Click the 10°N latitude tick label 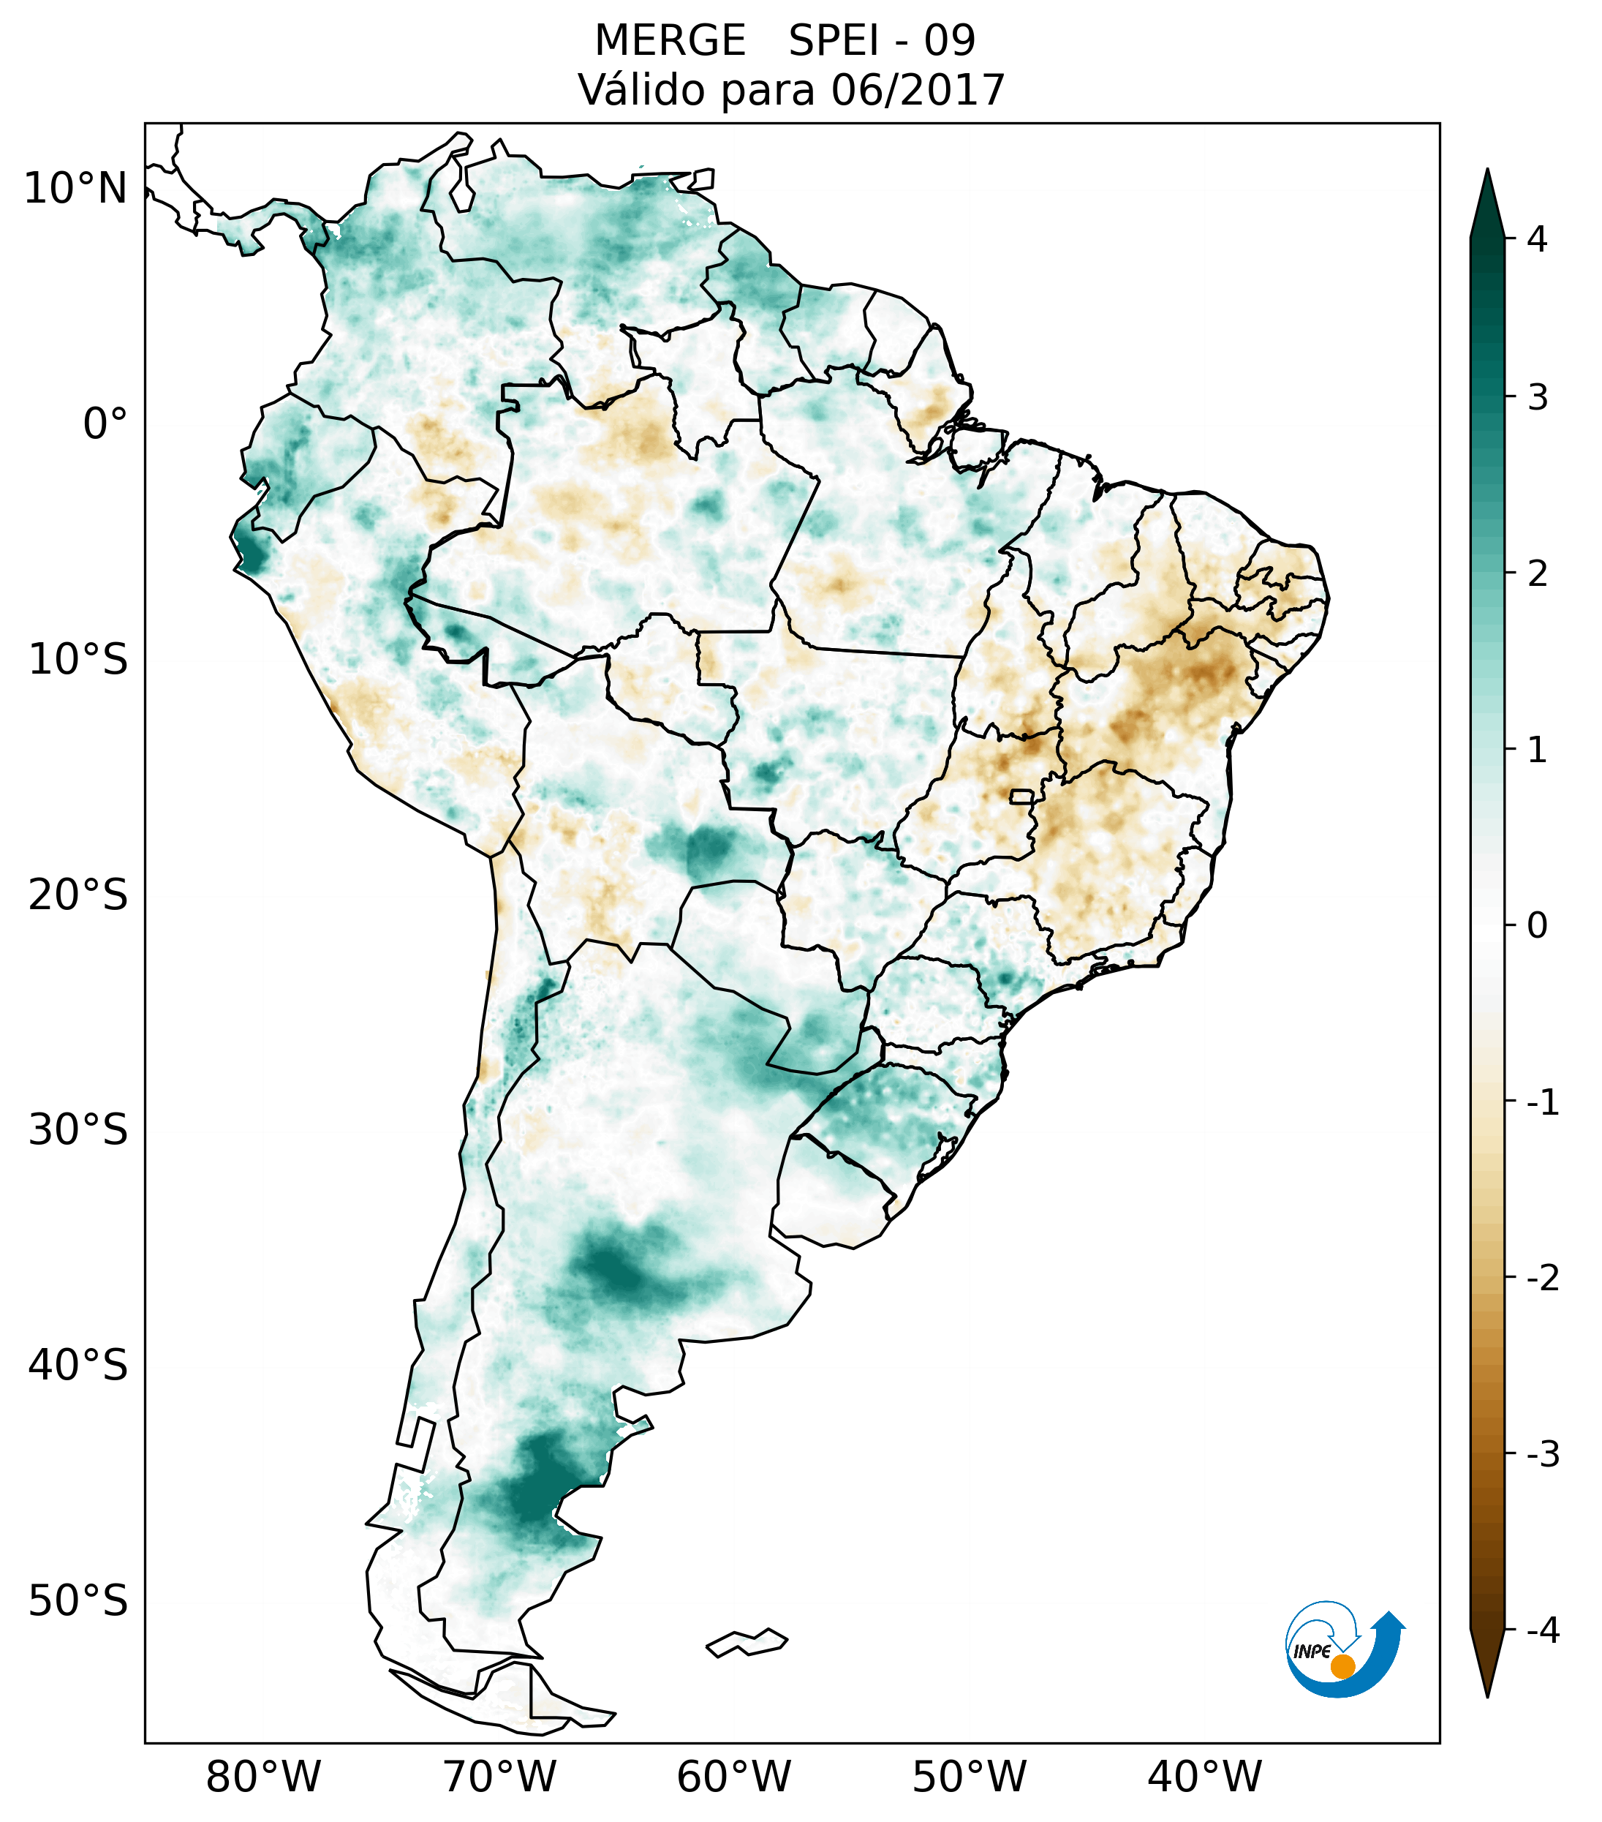(x=76, y=189)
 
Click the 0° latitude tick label (x=105, y=424)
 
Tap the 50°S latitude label (x=78, y=1601)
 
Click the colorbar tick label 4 (x=1537, y=239)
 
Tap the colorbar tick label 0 (x=1537, y=926)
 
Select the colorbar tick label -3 (x=1542, y=1454)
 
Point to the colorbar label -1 (x=1542, y=1103)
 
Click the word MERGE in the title (x=670, y=41)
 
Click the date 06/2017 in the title (x=918, y=90)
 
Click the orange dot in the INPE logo (x=1342, y=1666)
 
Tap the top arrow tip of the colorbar (x=1486, y=171)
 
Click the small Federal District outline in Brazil (x=1022, y=795)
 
